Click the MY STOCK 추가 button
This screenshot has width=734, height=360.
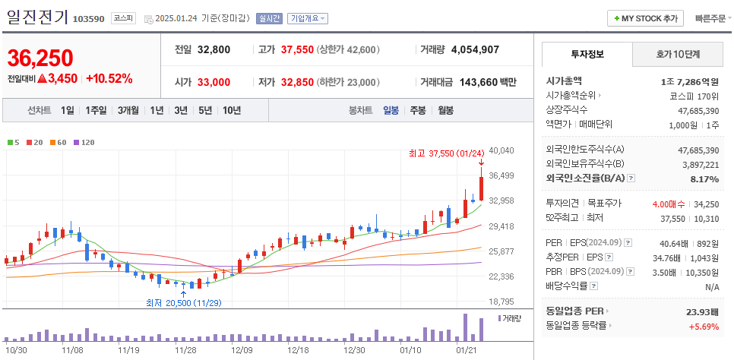coord(646,18)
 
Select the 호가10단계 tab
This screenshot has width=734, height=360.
coord(678,55)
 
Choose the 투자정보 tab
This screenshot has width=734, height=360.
coord(587,55)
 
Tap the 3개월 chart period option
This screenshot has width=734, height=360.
coord(128,110)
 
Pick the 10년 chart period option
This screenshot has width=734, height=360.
coord(232,110)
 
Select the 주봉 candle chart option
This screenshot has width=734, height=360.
coord(417,110)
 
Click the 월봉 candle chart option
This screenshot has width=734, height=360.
coord(445,110)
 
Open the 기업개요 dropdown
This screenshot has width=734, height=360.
coord(308,18)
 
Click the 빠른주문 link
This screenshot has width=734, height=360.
coord(710,18)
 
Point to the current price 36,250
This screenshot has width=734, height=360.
coord(40,58)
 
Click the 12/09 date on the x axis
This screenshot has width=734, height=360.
coord(242,350)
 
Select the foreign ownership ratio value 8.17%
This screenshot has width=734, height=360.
coord(703,178)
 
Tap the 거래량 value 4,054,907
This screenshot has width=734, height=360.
coord(475,49)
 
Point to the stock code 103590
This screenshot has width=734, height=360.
coord(89,19)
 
